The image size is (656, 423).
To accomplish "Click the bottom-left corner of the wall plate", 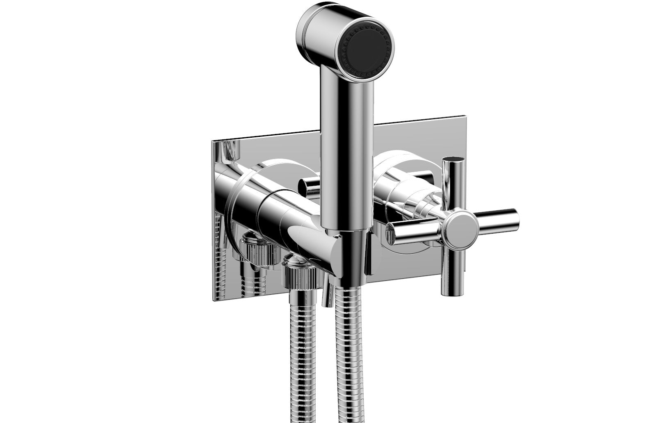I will [213, 298].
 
